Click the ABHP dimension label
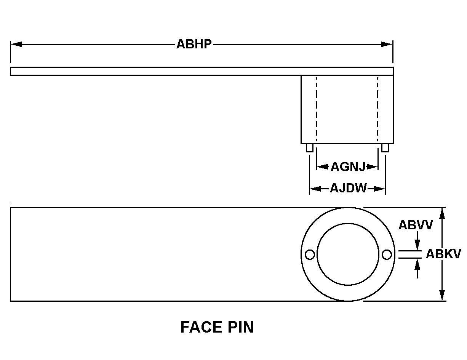[194, 44]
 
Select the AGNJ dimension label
[348, 166]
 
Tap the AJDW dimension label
[349, 188]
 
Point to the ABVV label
[416, 225]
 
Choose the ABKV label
[443, 254]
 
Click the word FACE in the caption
[202, 327]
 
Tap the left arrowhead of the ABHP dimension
[16, 44]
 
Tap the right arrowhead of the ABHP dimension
[386, 44]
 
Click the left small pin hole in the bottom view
[310, 254]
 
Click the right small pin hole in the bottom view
[387, 254]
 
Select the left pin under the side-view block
[309, 148]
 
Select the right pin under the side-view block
[385, 148]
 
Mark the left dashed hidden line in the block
[316, 109]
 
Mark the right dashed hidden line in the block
[377, 109]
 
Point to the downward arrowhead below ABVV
[417, 245]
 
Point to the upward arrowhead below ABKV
[417, 264]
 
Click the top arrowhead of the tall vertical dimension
[442, 214]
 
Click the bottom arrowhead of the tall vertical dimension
[442, 295]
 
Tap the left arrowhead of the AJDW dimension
[315, 189]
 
